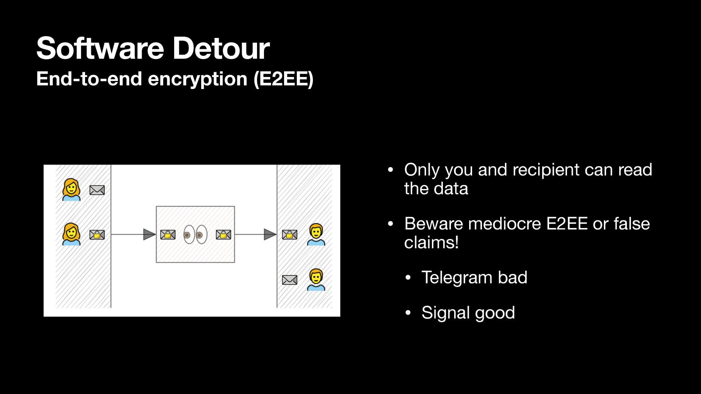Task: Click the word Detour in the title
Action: tap(221, 49)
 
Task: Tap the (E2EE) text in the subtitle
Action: tap(283, 79)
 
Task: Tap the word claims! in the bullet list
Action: tap(431, 243)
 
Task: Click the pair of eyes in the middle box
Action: tap(195, 235)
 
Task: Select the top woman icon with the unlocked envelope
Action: tap(71, 190)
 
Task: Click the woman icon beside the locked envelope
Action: tap(71, 234)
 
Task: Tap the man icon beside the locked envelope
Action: tap(316, 234)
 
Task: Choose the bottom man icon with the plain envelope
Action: tap(316, 280)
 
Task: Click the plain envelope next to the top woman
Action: tap(97, 190)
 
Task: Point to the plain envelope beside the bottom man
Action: tap(290, 280)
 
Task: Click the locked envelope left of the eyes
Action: tap(168, 235)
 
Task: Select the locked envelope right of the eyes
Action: tap(223, 235)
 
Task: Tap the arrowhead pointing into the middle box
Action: tap(149, 235)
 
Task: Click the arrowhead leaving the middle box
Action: tap(270, 235)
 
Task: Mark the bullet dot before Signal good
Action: tap(408, 313)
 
